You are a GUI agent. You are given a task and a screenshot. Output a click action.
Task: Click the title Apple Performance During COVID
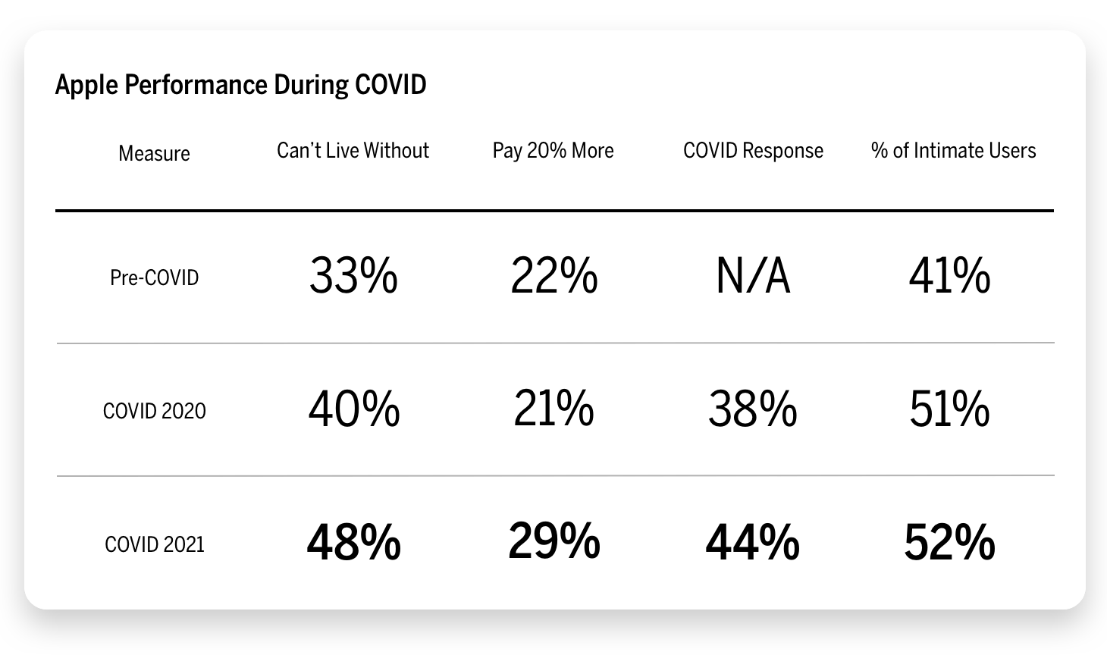click(240, 84)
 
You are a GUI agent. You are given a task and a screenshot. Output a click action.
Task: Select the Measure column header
click(154, 153)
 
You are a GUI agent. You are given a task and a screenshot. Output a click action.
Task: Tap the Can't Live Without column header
click(353, 150)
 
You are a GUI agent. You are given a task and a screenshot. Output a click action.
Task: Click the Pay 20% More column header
click(553, 150)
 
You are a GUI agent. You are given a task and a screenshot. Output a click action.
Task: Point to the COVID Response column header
click(753, 150)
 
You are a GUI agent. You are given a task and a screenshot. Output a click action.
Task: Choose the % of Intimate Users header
click(953, 150)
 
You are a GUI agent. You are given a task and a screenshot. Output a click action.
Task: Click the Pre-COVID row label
click(154, 277)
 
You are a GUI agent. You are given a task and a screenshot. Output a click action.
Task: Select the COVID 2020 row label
click(154, 411)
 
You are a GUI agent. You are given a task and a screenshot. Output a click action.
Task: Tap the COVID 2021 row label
click(154, 544)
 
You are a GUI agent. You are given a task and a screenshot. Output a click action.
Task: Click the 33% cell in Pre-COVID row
click(353, 276)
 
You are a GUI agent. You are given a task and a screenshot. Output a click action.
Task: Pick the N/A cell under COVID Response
click(753, 276)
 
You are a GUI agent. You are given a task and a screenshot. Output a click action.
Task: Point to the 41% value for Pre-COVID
click(949, 276)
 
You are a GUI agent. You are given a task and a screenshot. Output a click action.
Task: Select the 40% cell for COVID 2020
click(353, 409)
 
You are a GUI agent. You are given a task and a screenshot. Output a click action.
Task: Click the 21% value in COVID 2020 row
click(553, 409)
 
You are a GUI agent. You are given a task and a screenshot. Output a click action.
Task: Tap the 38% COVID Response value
click(752, 409)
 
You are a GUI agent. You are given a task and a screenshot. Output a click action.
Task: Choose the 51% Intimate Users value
click(949, 409)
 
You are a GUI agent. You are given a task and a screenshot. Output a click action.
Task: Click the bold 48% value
click(353, 543)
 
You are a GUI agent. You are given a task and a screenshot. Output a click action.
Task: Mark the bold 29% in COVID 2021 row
click(553, 541)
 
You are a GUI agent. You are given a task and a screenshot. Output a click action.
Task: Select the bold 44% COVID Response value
click(752, 543)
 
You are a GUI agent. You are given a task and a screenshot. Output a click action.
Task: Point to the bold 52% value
click(949, 543)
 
